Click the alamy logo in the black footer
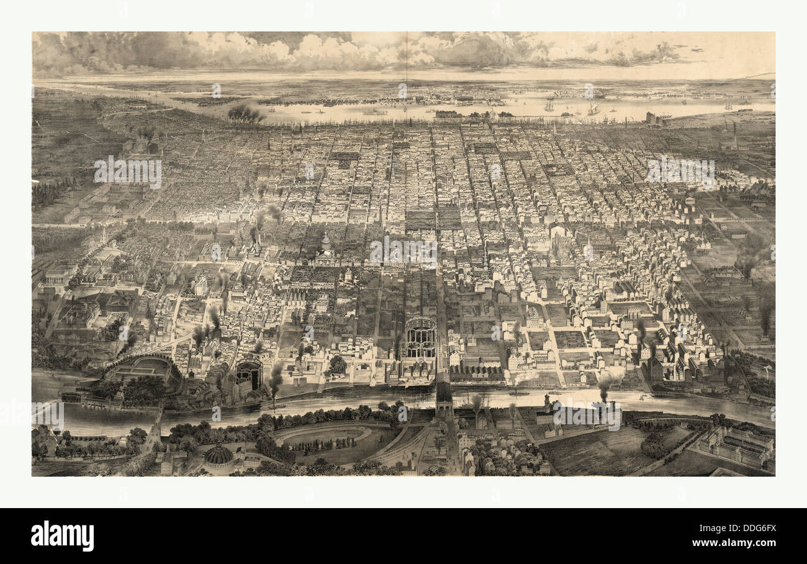[x=62, y=536]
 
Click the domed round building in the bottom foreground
[x=218, y=456]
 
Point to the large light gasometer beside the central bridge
[x=420, y=339]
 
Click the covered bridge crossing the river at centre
[x=444, y=398]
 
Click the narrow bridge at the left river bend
[x=153, y=417]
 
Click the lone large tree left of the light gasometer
[x=337, y=365]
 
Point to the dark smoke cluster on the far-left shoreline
[x=246, y=113]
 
